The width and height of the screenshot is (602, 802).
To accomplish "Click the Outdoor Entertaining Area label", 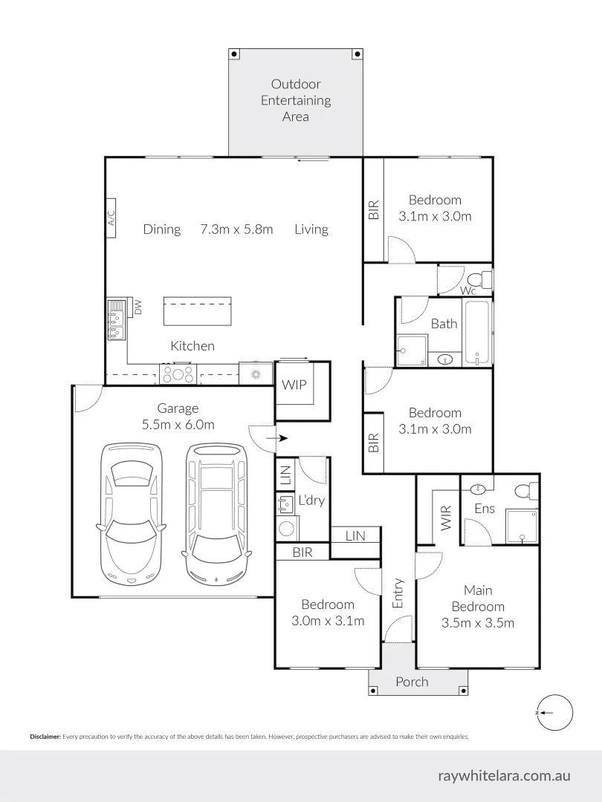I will [x=296, y=100].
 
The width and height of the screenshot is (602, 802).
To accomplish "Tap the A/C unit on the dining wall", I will [x=111, y=218].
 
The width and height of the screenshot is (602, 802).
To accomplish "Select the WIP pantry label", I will [x=294, y=385].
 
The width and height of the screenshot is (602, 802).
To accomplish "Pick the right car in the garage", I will [x=216, y=512].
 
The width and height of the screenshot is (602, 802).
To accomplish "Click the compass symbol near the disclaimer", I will [x=554, y=712].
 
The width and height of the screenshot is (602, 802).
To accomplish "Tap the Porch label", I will [x=411, y=682].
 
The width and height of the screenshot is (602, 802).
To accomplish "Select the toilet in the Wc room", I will [x=485, y=280].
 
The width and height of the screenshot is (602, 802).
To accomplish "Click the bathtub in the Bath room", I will [x=479, y=332].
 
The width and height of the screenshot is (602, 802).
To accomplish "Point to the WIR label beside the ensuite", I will [x=446, y=518].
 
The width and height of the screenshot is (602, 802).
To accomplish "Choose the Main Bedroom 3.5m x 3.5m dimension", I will [x=478, y=623].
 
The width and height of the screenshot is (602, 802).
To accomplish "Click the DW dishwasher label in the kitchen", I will [x=137, y=306].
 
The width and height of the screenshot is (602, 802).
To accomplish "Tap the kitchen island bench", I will [x=197, y=310].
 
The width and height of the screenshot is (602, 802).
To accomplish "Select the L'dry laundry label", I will [x=311, y=500].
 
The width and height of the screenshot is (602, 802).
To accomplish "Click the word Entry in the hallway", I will [x=398, y=593].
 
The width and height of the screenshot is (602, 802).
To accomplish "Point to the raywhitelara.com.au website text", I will [x=505, y=775].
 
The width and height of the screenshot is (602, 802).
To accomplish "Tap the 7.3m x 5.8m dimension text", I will [x=236, y=229].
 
